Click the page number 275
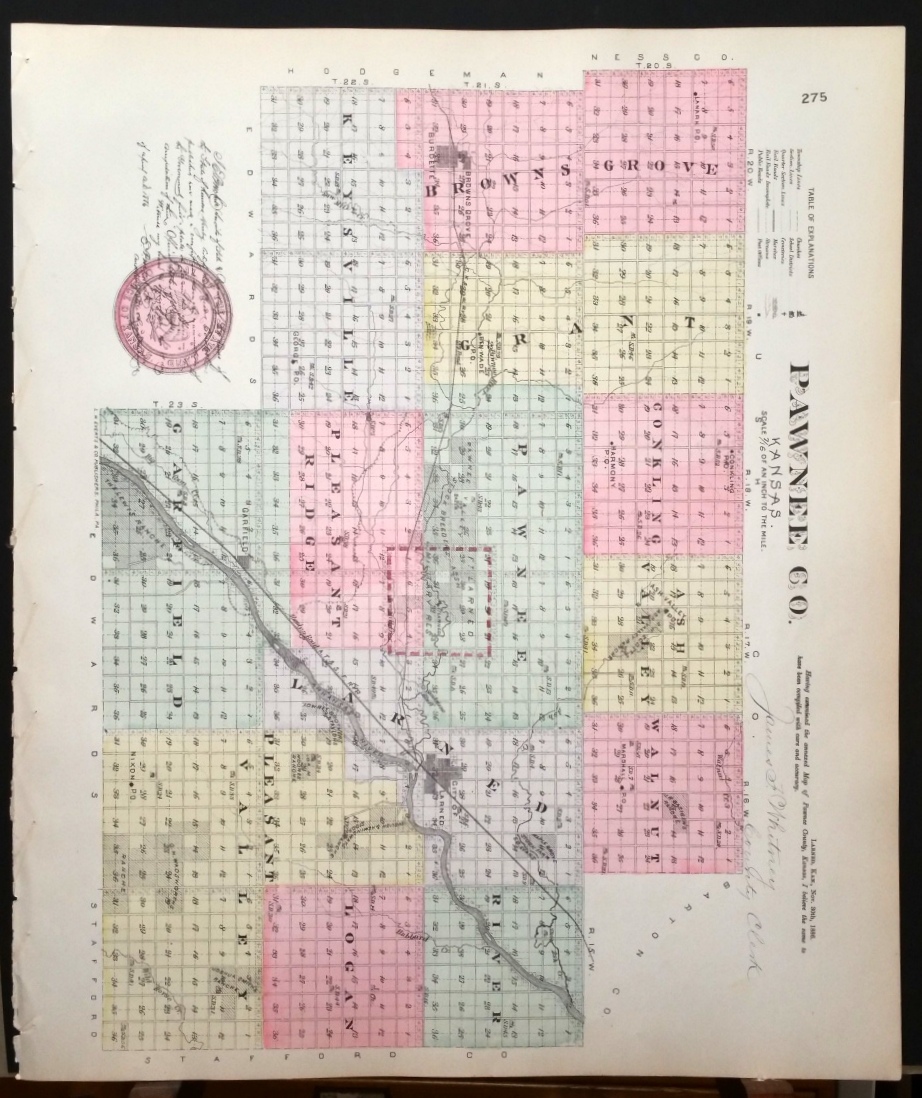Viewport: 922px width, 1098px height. point(814,97)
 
